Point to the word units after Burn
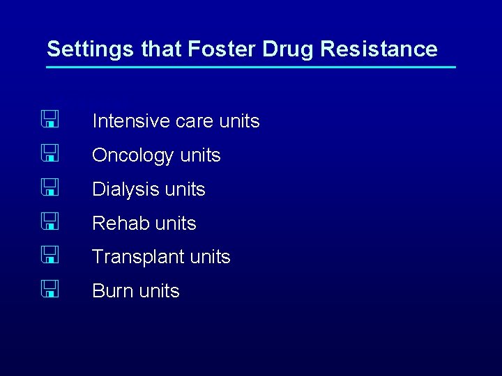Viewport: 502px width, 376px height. pyautogui.click(x=158, y=291)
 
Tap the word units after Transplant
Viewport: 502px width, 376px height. pyautogui.click(x=210, y=258)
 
